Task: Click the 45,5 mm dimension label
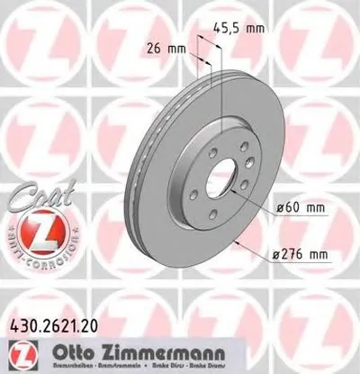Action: click(244, 29)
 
